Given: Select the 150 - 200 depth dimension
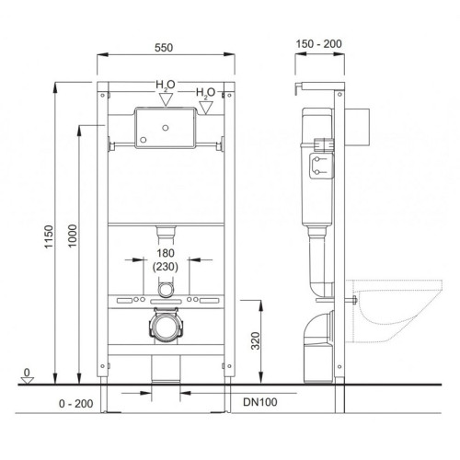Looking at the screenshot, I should pyautogui.click(x=317, y=42).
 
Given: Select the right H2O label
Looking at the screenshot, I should pyautogui.click(x=206, y=93).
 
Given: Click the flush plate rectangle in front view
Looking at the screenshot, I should pyautogui.click(x=164, y=127).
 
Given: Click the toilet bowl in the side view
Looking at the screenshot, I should pyautogui.click(x=392, y=304).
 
